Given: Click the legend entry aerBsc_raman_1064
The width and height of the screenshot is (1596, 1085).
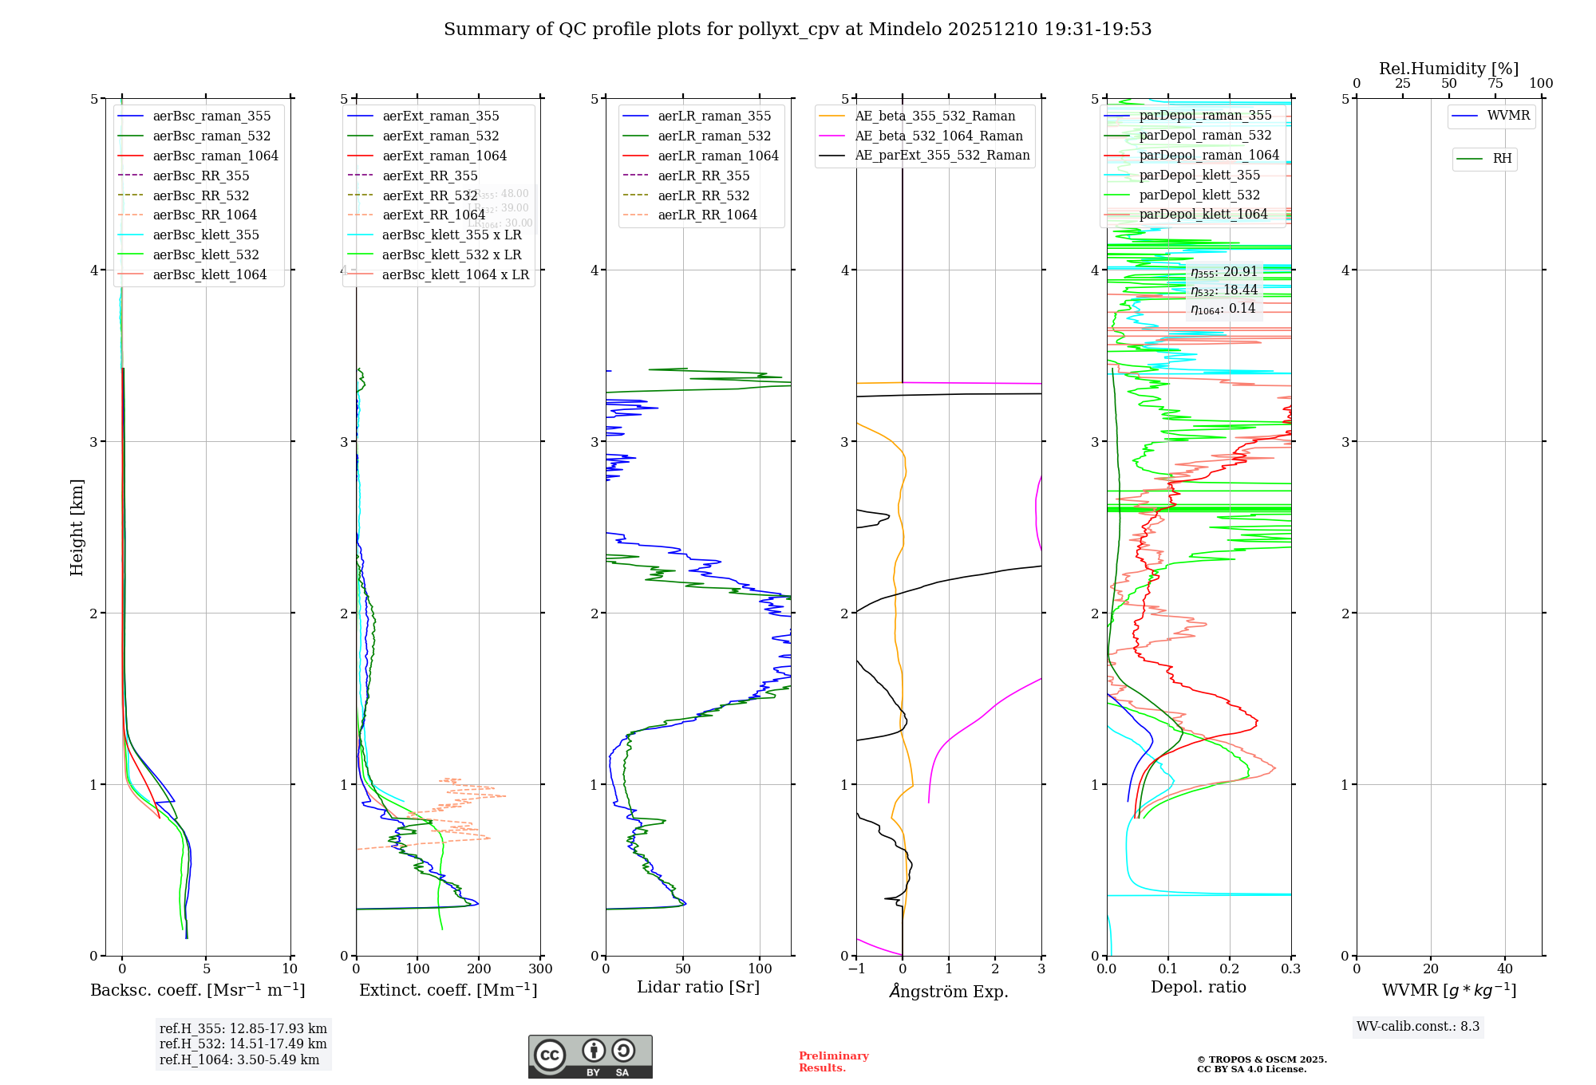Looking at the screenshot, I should (215, 156).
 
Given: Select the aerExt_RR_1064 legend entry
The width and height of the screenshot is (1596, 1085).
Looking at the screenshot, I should (433, 215).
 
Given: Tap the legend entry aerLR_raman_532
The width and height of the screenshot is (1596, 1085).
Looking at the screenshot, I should (714, 136).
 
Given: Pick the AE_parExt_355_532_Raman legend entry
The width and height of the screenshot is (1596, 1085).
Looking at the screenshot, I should (942, 155).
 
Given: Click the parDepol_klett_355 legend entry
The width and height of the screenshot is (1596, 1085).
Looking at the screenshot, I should (1199, 175).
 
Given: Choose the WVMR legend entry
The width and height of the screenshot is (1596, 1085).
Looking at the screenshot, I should (1508, 116).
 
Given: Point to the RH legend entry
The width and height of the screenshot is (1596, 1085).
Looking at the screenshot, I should (1502, 159).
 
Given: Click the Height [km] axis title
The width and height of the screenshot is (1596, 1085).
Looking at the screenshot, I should (77, 527).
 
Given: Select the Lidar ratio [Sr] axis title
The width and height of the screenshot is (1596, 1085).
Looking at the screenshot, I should (698, 987).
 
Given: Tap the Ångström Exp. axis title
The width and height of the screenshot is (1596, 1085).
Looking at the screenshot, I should (949, 991).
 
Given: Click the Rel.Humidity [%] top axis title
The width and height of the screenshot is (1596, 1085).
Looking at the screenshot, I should (1448, 69).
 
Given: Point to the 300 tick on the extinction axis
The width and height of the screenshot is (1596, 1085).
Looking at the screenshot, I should (541, 969).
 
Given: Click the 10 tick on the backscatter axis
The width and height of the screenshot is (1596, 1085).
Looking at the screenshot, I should (290, 969).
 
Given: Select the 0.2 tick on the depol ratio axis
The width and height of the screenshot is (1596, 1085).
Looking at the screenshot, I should (1230, 969).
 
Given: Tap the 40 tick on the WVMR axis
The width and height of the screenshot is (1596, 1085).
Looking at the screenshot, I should (1505, 969).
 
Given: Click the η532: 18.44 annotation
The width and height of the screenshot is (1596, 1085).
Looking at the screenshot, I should (1223, 290).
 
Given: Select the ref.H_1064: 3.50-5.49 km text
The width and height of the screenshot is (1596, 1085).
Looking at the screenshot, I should (239, 1059).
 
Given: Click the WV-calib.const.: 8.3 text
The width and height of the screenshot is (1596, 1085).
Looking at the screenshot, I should (1418, 1026).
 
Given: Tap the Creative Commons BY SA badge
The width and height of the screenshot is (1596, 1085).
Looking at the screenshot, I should (590, 1056).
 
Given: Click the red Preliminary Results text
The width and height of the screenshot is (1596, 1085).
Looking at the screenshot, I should (833, 1061).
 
